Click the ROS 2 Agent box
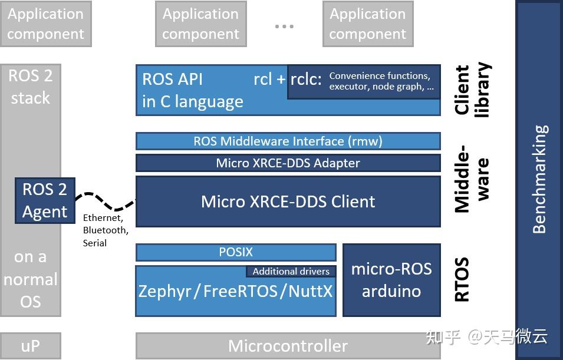[45, 201]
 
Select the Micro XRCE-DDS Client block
[288, 202]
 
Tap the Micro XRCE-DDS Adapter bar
[288, 163]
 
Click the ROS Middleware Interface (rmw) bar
[288, 141]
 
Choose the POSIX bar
[236, 252]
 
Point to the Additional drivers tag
[291, 272]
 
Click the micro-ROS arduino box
[391, 280]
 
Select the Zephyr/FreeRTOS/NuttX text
[235, 292]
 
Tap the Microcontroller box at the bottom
[288, 346]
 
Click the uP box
[30, 346]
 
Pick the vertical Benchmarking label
[539, 179]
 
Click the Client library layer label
[472, 90]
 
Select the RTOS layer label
[463, 279]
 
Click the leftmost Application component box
[45, 24]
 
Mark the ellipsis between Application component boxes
[284, 27]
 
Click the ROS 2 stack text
[30, 87]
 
